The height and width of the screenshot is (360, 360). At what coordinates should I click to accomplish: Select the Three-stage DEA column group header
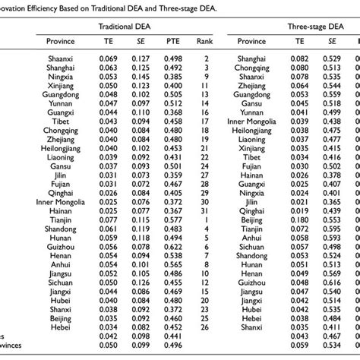tap(318, 26)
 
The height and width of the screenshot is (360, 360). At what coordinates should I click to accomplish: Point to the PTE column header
tap(174, 44)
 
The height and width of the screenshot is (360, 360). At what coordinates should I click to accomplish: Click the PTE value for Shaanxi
tap(174, 58)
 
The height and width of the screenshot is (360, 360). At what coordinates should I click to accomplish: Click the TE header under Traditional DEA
tap(113, 44)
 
